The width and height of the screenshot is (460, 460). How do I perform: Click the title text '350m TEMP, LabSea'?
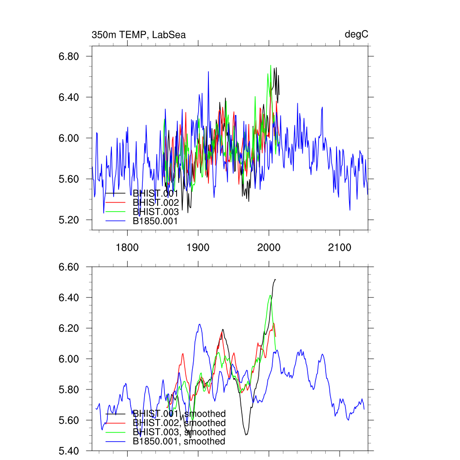click(138, 35)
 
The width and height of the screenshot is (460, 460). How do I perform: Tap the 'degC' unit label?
click(357, 35)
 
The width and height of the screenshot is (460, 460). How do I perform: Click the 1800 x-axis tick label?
click(127, 247)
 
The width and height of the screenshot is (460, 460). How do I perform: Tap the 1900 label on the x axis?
click(198, 247)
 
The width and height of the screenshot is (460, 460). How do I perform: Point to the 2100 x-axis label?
click(340, 247)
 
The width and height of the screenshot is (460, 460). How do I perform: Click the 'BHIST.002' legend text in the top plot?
click(155, 203)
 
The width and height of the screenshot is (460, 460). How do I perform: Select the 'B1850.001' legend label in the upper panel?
click(155, 221)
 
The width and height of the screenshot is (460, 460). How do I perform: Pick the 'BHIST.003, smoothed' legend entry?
click(179, 432)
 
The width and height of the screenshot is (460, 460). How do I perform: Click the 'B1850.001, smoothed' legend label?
click(179, 442)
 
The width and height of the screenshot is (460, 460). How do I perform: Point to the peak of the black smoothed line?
click(275, 279)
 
